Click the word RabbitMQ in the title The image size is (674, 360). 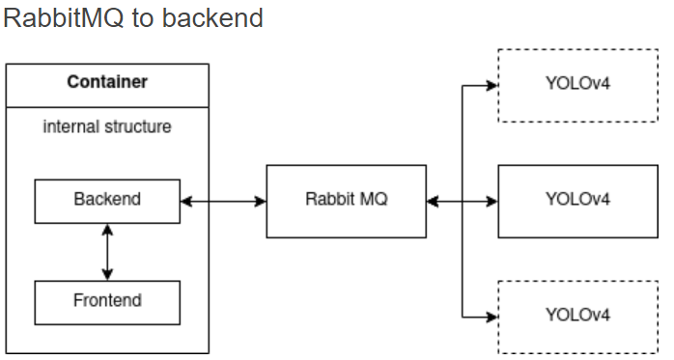(64, 18)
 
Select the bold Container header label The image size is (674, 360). (107, 82)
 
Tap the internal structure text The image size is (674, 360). (107, 126)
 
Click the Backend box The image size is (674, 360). (107, 201)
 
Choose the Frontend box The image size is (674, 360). (107, 301)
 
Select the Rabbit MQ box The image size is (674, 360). (346, 201)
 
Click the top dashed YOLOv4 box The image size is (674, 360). (577, 85)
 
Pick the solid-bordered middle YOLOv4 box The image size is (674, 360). (577, 201)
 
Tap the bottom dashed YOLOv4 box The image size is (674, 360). (577, 316)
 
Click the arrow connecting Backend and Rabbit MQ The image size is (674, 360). (223, 202)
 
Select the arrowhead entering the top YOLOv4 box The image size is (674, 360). (491, 85)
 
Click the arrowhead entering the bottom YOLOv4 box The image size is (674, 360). (491, 317)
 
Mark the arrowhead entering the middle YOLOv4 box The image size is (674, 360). (491, 202)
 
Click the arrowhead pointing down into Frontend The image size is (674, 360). (107, 274)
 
